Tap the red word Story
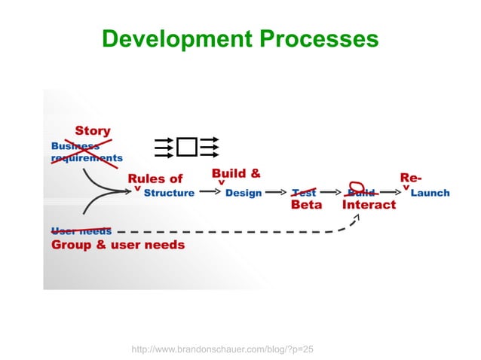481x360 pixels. coord(92,132)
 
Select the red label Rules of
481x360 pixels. coord(155,178)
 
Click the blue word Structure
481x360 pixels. coord(169,193)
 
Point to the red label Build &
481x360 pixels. coord(236,173)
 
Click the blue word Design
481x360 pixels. coord(244,193)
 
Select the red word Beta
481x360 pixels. coord(306,205)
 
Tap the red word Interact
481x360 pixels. coord(369,205)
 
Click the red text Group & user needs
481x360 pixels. coord(118,245)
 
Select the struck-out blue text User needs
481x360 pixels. coord(81,231)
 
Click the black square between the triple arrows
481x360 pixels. coord(187,147)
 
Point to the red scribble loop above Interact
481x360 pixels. coord(359,187)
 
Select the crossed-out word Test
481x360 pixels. coord(304,193)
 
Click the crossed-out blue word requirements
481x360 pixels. coord(86,158)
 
